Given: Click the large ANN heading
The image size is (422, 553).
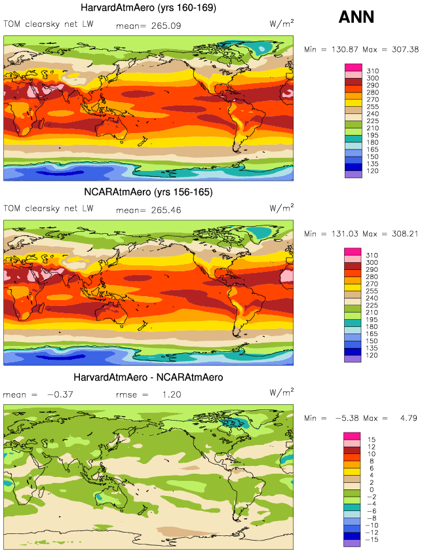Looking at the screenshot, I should tap(356, 17).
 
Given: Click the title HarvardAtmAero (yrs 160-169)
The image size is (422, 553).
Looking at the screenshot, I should tap(149, 8).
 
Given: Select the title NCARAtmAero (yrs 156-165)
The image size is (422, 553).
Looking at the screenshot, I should tap(149, 192).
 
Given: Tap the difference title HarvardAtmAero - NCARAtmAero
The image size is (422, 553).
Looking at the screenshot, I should tap(149, 377).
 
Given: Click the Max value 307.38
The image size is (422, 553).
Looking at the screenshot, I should tap(402, 49).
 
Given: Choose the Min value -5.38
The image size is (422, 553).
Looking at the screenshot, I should tap(341, 418).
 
